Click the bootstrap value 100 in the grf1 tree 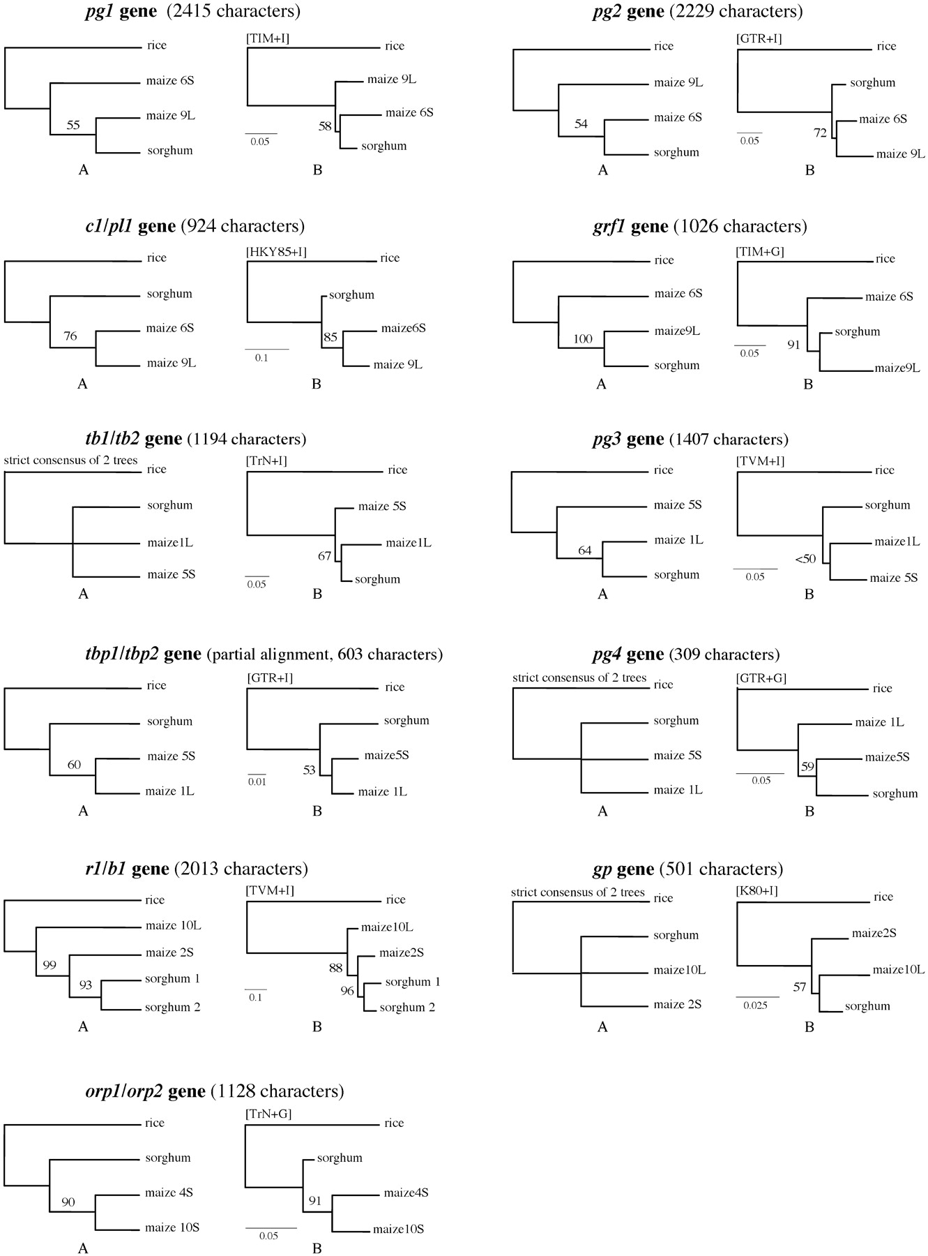click(x=583, y=340)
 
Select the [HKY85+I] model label click(x=276, y=253)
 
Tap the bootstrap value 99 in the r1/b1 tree click(x=50, y=966)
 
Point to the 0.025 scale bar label click(x=756, y=1005)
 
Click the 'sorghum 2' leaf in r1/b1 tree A click(x=172, y=1007)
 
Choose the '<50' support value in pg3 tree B click(x=805, y=559)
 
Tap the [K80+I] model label click(x=757, y=891)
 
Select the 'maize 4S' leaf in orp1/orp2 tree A click(x=169, y=1193)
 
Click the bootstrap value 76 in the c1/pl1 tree click(x=70, y=336)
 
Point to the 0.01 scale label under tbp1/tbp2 click(x=257, y=782)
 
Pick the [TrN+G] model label click(x=268, y=1114)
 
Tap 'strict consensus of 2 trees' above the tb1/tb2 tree click(x=70, y=460)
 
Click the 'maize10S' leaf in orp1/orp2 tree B click(x=398, y=1229)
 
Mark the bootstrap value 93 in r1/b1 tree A click(x=85, y=985)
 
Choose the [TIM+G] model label click(x=760, y=252)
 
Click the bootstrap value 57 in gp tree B click(x=799, y=987)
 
